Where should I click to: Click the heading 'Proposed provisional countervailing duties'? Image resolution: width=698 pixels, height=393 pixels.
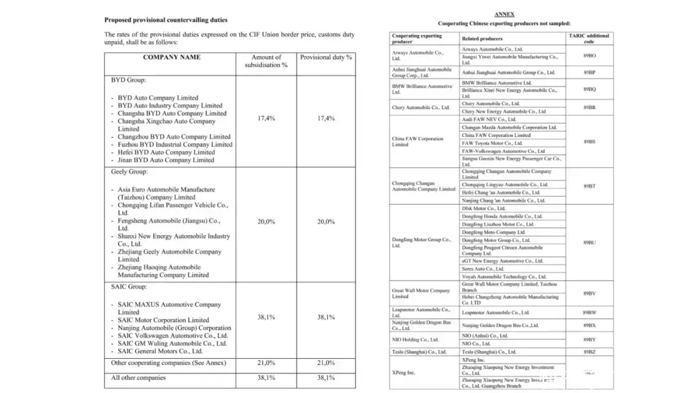coord(165,20)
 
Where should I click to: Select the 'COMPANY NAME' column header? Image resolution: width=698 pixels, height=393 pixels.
coord(171,57)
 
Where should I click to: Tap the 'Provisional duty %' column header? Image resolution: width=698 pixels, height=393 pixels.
coord(326,57)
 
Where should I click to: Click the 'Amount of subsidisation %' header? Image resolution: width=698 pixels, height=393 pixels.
coord(266,61)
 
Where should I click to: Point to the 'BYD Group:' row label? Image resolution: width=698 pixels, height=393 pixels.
coord(129,80)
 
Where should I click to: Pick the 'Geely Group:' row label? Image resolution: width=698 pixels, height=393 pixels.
coord(129,172)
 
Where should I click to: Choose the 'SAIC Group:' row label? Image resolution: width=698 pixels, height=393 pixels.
coord(129,286)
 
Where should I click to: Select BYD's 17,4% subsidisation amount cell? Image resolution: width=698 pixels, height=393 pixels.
coord(266,118)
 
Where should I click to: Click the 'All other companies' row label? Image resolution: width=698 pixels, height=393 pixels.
coord(138,377)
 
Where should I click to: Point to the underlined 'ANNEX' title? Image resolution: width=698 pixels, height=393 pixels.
coord(504,14)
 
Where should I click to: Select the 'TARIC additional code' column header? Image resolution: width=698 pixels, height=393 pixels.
coord(588,39)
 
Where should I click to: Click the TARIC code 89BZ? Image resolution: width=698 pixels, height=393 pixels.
coord(589,352)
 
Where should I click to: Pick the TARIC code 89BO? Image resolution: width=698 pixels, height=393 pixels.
coord(589,56)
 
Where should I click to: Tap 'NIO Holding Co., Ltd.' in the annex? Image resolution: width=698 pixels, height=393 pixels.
coord(415,339)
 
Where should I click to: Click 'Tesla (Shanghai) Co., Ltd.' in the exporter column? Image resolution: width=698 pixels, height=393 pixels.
coord(419,352)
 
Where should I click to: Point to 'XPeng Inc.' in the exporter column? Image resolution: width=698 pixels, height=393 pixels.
coord(403,373)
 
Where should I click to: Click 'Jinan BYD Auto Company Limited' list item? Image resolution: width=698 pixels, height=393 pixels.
coord(165,160)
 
